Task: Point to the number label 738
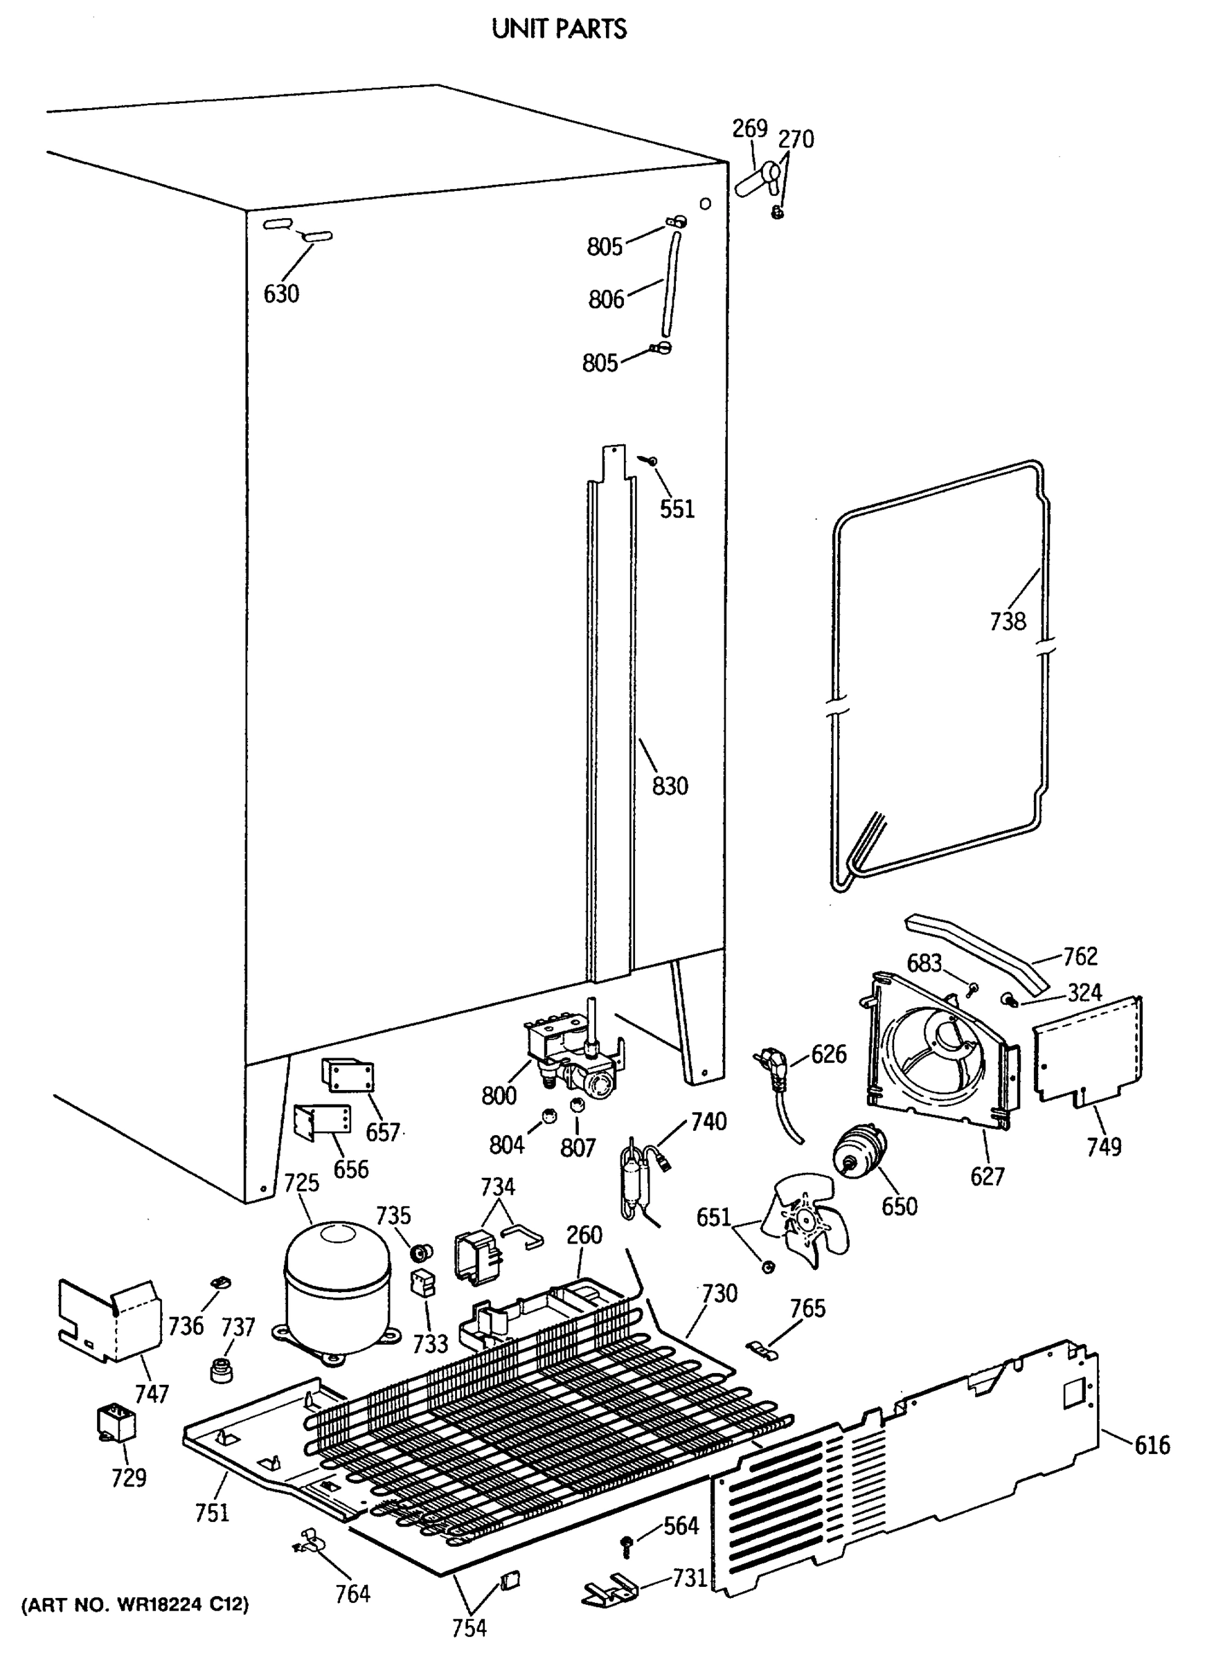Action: tap(1008, 621)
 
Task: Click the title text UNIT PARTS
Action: tap(559, 28)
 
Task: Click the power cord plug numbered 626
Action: tap(767, 1061)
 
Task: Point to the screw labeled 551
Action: tap(648, 460)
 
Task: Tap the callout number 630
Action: tap(281, 294)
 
